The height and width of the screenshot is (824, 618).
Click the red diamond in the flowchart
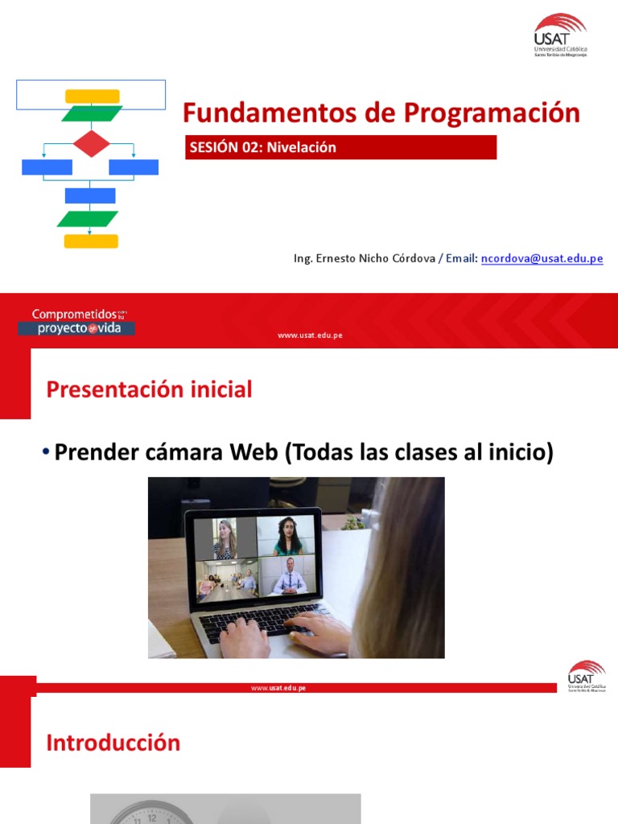(91, 144)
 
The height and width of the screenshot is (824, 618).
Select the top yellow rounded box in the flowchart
(92, 97)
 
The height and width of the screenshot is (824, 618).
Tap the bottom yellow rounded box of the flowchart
(91, 241)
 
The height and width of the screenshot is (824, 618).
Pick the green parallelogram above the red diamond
(92, 113)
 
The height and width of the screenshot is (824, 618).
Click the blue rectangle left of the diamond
(47, 167)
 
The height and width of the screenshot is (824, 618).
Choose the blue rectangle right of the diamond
(134, 167)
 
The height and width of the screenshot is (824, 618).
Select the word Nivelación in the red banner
(301, 147)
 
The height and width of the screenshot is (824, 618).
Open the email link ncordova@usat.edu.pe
(542, 258)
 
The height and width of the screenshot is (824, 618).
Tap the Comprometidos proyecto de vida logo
(76, 321)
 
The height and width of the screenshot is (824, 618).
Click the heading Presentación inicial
(150, 389)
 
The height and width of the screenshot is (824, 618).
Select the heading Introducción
(113, 743)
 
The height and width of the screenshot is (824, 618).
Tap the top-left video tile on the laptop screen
(226, 538)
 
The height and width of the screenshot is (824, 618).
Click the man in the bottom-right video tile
(289, 576)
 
